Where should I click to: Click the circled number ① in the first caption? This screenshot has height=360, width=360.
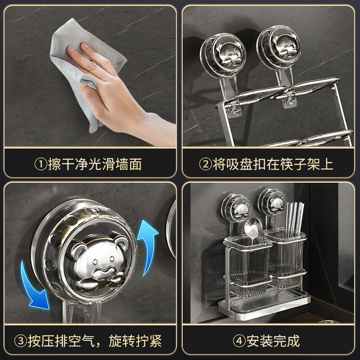tap(40, 164)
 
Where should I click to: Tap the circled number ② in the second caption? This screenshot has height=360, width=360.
tap(205, 164)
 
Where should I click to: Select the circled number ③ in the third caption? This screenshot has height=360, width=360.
tap(21, 341)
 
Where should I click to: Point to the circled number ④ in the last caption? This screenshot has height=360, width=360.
tap(239, 341)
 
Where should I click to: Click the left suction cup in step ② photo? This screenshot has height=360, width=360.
tap(223, 56)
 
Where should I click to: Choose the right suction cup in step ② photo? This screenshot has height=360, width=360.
tap(279, 48)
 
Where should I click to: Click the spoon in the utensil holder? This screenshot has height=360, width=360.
tap(253, 229)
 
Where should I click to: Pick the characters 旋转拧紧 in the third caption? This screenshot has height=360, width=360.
tap(135, 341)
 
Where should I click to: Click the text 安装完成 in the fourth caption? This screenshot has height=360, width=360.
tap(273, 341)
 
